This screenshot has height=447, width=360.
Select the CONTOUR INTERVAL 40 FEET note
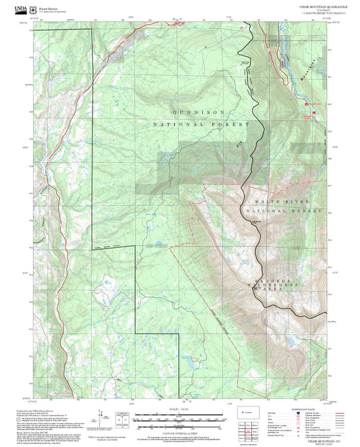(180, 430)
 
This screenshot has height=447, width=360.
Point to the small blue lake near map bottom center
(191, 365)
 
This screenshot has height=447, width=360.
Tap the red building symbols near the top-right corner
(312, 104)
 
